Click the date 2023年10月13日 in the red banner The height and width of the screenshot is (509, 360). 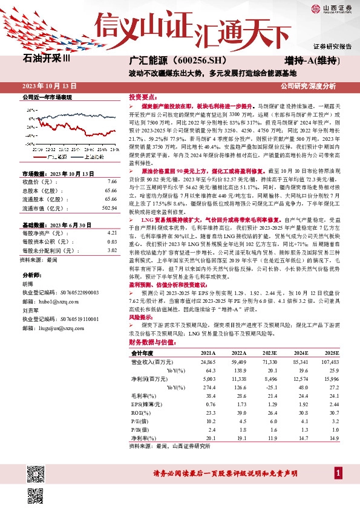pos(45,85)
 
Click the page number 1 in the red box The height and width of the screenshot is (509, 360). pos(336,472)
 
